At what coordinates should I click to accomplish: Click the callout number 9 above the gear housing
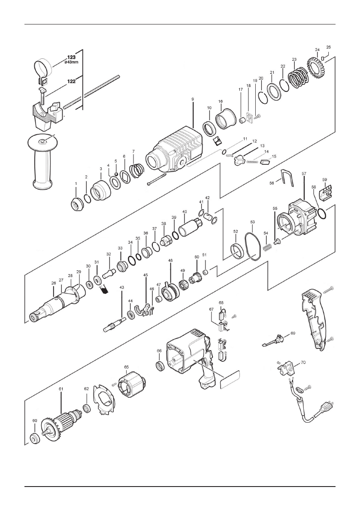click(x=193, y=99)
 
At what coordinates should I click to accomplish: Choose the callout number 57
click(x=304, y=174)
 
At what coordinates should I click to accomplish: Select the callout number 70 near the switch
click(x=303, y=362)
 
